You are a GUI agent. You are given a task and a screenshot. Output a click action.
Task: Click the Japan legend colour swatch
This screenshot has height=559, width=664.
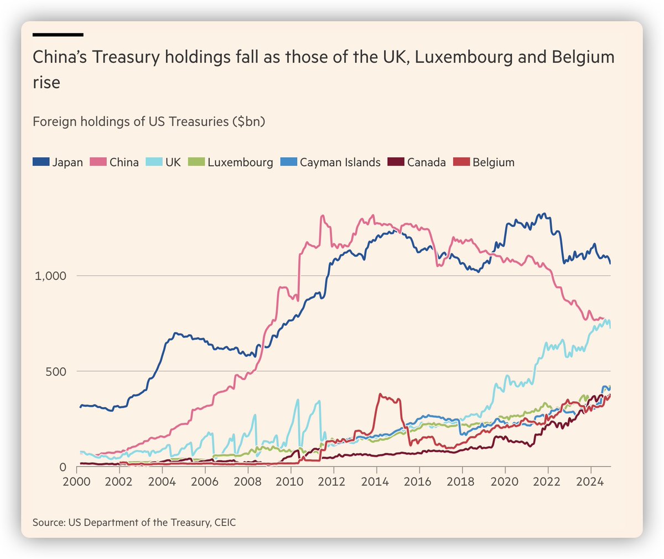point(41,162)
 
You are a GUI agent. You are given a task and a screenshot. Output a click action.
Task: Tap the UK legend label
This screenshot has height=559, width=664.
point(173,162)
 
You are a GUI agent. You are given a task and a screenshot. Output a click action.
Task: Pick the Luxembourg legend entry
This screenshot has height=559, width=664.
point(240,162)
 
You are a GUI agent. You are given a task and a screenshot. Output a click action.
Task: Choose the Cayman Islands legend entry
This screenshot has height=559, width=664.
point(340,162)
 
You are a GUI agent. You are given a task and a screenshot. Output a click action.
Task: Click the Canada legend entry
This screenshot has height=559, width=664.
point(426,162)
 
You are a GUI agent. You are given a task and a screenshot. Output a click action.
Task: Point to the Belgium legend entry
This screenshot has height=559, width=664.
point(493,162)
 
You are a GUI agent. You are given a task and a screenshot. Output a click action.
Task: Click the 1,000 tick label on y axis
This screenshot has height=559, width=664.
point(50,276)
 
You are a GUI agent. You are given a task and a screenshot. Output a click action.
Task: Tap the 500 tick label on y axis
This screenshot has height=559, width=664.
point(55,371)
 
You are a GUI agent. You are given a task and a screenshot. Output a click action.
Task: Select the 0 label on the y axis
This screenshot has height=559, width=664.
point(63,467)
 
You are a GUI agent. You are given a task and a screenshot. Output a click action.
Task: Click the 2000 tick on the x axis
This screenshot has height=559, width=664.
point(76,481)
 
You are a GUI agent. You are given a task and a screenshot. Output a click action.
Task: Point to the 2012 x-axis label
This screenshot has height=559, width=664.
point(333,481)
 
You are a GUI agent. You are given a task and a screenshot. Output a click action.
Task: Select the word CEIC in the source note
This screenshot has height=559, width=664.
point(223,522)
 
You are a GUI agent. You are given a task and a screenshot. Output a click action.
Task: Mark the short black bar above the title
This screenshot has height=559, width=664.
point(58,34)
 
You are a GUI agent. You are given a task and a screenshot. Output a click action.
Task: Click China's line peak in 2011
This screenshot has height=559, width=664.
point(323,216)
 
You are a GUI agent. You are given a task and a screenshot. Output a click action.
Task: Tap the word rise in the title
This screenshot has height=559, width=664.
point(46,83)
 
